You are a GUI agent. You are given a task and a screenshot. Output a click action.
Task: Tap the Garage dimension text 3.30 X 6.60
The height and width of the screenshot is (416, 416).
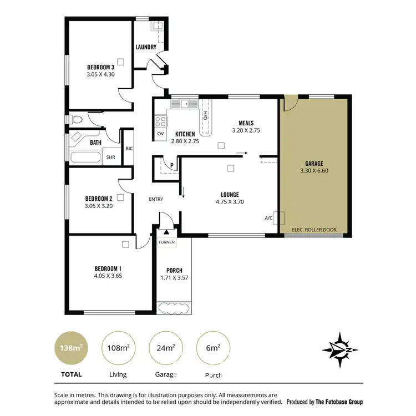tap(314, 171)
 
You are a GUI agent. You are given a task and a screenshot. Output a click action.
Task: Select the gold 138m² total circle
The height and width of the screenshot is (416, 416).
tap(71, 348)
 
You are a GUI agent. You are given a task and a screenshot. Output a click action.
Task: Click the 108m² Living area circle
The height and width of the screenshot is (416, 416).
tap(118, 348)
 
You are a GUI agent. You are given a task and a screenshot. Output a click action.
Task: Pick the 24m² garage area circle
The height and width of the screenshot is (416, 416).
tap(165, 348)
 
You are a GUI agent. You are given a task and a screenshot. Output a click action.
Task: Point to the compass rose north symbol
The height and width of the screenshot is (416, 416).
tap(338, 348)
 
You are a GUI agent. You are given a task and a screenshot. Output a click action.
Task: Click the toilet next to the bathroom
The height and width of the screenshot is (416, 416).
tap(76, 119)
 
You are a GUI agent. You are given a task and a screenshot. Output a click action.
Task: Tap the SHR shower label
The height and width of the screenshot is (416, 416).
tap(111, 157)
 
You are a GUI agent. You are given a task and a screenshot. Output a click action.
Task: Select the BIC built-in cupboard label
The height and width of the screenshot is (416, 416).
tap(129, 149)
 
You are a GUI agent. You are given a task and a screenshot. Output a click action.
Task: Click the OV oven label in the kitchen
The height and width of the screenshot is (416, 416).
tap(160, 134)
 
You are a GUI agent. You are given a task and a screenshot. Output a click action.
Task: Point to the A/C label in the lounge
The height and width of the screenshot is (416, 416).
tap(268, 218)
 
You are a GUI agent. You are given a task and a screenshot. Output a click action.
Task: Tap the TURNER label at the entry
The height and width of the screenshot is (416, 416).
tap(166, 242)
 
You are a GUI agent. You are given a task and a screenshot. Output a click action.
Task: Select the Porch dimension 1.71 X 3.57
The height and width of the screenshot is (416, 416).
tap(174, 277)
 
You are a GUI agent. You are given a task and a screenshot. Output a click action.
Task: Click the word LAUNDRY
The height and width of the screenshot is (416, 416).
tap(146, 47)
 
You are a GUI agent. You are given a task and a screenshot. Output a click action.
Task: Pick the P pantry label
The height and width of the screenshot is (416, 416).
tap(173, 165)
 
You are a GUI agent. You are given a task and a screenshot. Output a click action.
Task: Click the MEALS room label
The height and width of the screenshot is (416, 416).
tap(246, 123)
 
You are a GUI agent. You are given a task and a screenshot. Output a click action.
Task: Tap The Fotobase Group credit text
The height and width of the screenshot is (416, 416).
tap(339, 401)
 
